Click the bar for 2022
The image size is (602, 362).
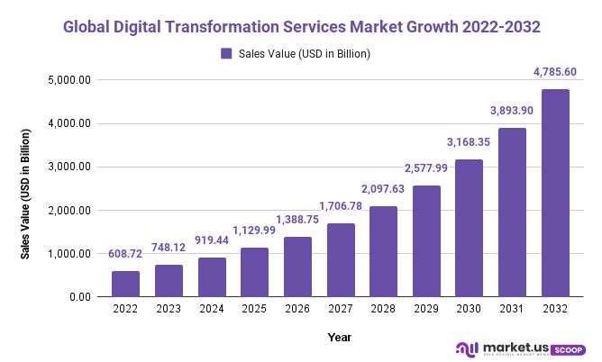pyautogui.click(x=125, y=284)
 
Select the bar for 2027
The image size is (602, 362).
pyautogui.click(x=341, y=260)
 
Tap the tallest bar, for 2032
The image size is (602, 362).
pyautogui.click(x=555, y=193)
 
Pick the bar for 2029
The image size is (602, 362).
pyautogui.click(x=426, y=241)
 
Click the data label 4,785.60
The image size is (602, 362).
pyautogui.click(x=555, y=71)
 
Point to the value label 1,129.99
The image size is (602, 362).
pyautogui.click(x=255, y=230)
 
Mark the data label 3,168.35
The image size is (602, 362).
pyautogui.click(x=470, y=141)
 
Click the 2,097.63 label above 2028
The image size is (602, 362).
pyautogui.click(x=383, y=188)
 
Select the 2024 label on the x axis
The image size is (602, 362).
pyautogui.click(x=212, y=310)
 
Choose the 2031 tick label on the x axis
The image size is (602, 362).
pyautogui.click(x=512, y=310)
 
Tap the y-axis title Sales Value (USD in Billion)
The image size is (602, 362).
pyautogui.click(x=26, y=195)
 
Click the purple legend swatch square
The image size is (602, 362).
pyautogui.click(x=226, y=54)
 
